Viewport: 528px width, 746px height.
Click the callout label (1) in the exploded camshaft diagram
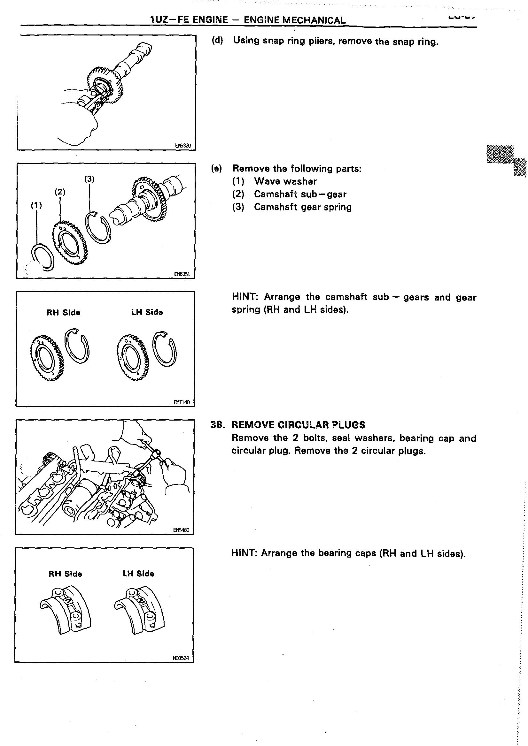pos(36,205)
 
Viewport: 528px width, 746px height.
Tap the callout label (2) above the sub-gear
pos(60,192)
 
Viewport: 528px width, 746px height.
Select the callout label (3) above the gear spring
pos(89,179)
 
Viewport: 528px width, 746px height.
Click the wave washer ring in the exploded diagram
pos(43,257)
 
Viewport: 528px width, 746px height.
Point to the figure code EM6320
pos(183,146)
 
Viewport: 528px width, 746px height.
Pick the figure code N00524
pos(181,658)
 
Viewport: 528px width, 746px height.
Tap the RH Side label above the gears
pos(63,313)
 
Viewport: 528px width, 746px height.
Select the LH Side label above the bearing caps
pos(138,574)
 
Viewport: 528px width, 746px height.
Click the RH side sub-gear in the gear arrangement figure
pos(48,357)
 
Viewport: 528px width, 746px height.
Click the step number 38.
pos(218,425)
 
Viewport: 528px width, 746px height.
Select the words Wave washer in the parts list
pos(285,181)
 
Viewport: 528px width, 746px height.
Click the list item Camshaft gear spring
pos(303,207)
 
